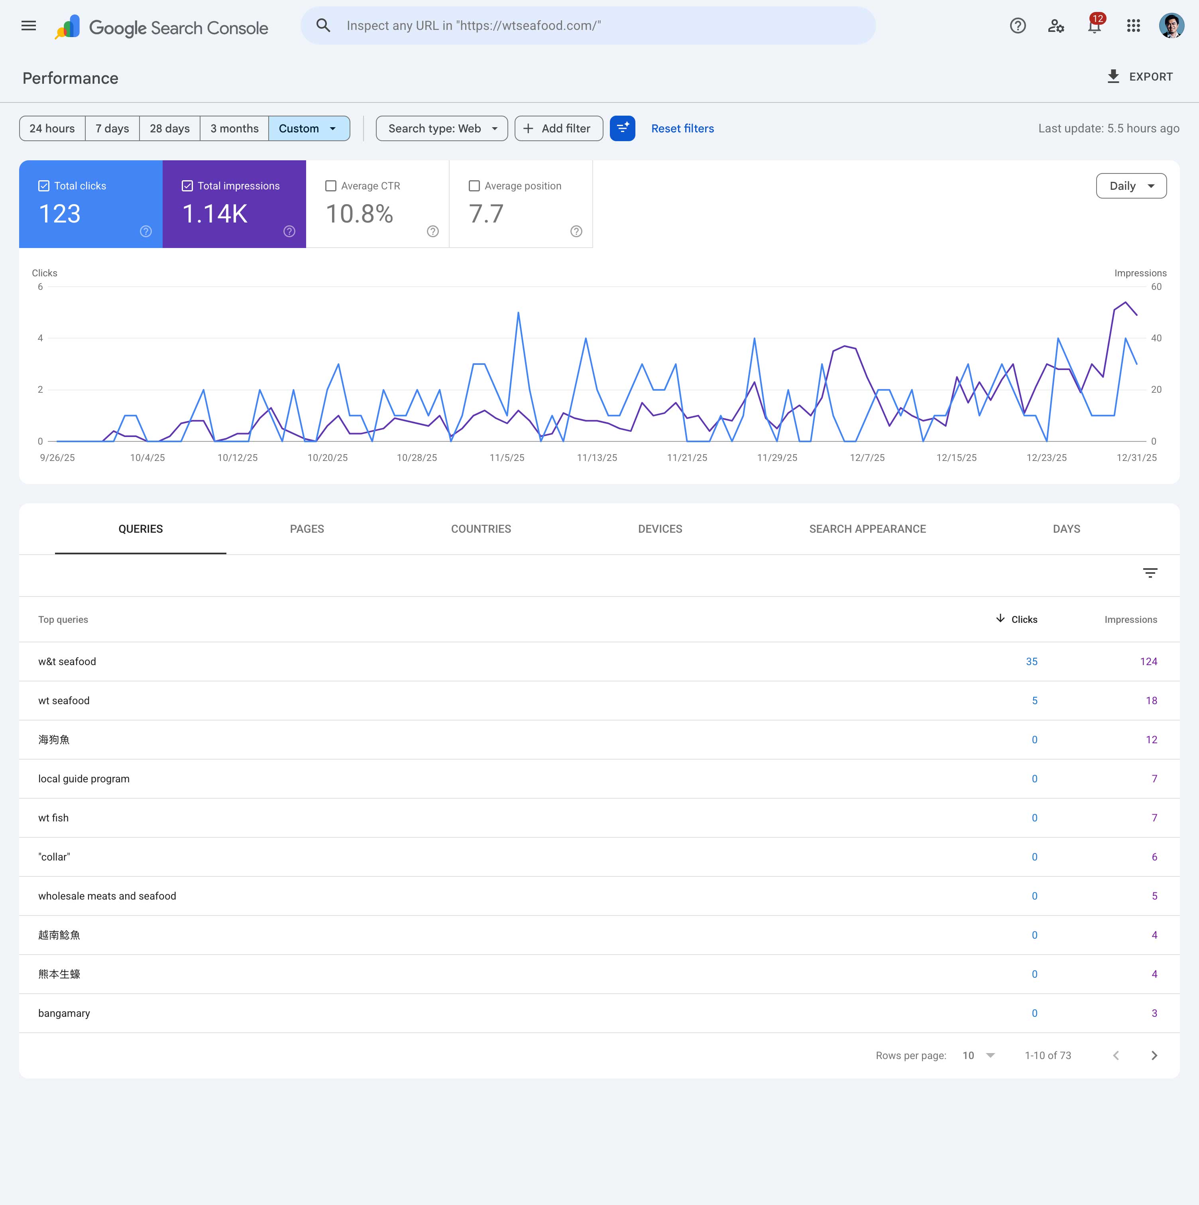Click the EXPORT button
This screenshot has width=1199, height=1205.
click(x=1140, y=77)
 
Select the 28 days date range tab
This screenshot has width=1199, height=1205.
click(x=169, y=128)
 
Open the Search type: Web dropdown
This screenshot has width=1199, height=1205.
click(x=441, y=128)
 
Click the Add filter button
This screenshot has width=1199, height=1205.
click(x=559, y=128)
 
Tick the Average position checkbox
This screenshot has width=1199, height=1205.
click(x=474, y=186)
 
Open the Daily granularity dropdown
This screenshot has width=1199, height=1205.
click(x=1131, y=186)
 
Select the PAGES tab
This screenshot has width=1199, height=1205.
click(x=307, y=529)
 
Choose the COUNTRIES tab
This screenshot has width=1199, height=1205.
click(x=481, y=529)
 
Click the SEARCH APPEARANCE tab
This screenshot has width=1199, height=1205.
click(x=867, y=529)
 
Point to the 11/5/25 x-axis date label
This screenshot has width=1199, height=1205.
click(x=507, y=458)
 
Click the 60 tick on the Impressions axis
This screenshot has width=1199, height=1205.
click(x=1156, y=287)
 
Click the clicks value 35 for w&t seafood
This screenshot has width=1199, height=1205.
click(x=1032, y=662)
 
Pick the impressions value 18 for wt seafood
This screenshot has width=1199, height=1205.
click(x=1151, y=701)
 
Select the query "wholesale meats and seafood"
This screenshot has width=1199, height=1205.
click(x=107, y=896)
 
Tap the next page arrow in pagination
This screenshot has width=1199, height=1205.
click(x=1154, y=1055)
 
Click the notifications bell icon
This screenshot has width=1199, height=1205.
click(x=1094, y=26)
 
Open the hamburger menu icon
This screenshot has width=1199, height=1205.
click(x=29, y=26)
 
